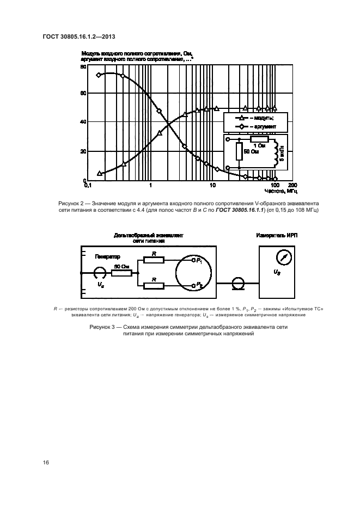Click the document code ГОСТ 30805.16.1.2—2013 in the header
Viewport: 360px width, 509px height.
coord(77,36)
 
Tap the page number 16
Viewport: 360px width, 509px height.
coord(46,462)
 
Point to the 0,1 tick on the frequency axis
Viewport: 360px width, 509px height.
coord(88,186)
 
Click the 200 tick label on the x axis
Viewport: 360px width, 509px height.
coord(291,186)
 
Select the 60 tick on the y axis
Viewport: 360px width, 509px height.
coord(83,94)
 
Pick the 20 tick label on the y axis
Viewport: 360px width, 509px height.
coord(83,152)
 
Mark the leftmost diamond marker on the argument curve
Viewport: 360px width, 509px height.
coord(99,75)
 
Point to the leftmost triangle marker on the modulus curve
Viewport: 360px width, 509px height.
coord(99,174)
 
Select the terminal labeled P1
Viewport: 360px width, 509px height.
coord(195,261)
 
